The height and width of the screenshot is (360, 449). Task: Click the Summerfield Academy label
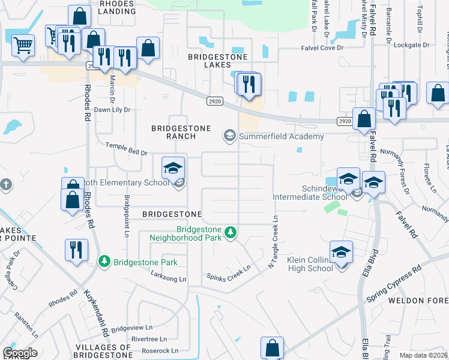pyautogui.click(x=281, y=136)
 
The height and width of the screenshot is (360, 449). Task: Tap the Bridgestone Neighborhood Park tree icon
pyautogui.click(x=229, y=232)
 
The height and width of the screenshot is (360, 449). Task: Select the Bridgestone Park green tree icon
pyautogui.click(x=104, y=261)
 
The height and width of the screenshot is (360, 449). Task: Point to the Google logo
pyautogui.click(x=20, y=352)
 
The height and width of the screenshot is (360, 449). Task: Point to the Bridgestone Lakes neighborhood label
pyautogui.click(x=216, y=60)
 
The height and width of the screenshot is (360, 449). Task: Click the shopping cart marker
pyautogui.click(x=23, y=45)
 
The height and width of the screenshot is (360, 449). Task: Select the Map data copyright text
pyautogui.click(x=423, y=355)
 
